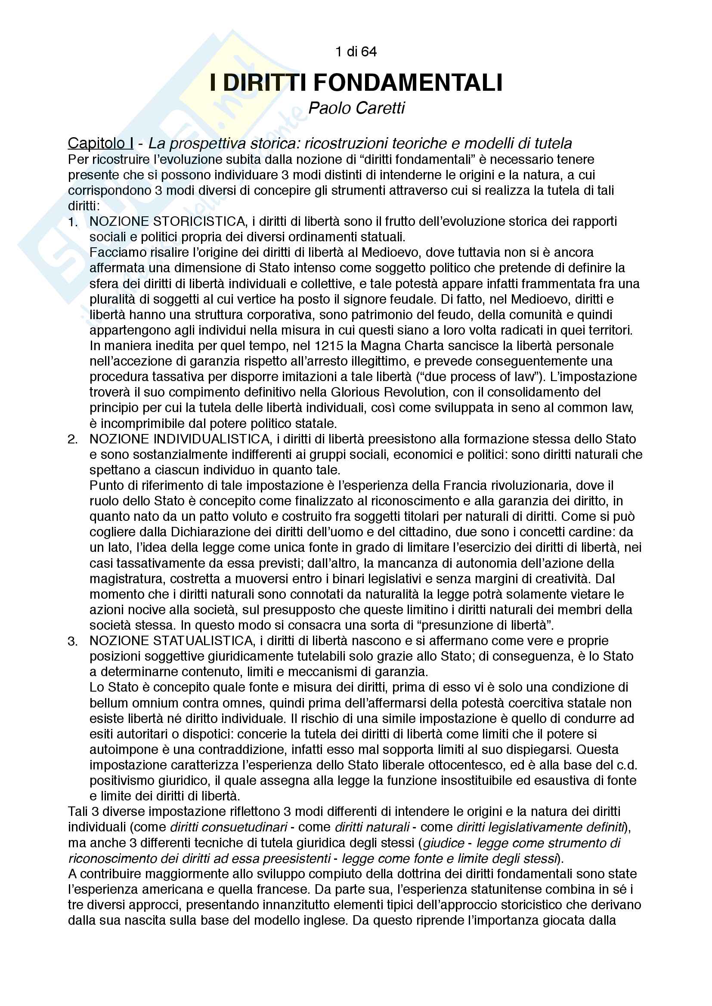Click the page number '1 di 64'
pyautogui.click(x=356, y=52)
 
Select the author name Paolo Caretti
pyautogui.click(x=356, y=108)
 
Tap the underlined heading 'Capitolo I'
pyautogui.click(x=100, y=143)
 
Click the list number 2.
pyautogui.click(x=73, y=440)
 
